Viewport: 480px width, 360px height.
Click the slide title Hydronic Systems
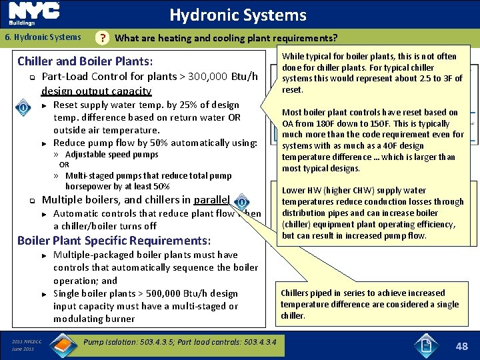click(237, 15)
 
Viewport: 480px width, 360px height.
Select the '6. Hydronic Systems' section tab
click(43, 38)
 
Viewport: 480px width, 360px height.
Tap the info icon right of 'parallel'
click(242, 200)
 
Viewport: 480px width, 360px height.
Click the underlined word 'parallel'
click(211, 200)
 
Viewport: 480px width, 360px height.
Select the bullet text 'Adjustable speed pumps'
click(111, 155)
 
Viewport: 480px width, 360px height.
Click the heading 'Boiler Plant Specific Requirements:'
click(114, 241)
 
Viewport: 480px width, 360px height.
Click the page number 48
click(462, 346)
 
